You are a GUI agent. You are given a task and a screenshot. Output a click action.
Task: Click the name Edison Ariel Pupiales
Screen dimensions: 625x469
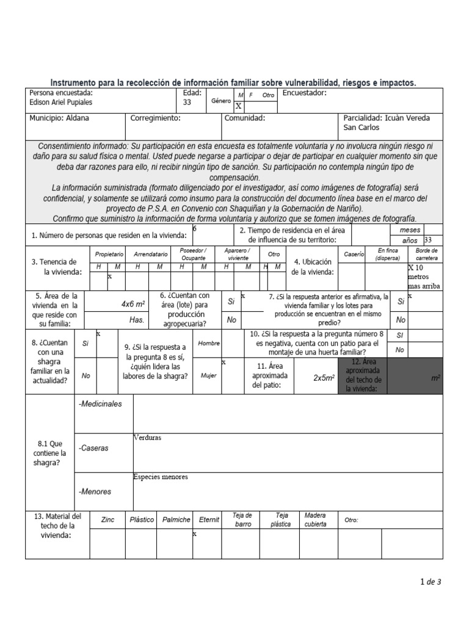coord(60,103)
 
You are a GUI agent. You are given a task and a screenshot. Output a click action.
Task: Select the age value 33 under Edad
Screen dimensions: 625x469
coord(187,103)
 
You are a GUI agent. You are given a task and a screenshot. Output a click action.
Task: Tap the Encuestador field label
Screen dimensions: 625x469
coord(305,93)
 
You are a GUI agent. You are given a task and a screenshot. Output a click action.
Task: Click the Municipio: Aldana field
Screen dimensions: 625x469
coord(59,118)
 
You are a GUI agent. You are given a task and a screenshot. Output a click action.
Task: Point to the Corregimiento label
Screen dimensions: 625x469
coord(155,118)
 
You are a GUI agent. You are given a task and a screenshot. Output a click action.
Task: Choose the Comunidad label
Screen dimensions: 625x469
coord(244,118)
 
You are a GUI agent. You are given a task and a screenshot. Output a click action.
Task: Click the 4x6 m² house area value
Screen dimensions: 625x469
coord(133,303)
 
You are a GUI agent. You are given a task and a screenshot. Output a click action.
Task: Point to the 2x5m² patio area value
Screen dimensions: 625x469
coord(324,378)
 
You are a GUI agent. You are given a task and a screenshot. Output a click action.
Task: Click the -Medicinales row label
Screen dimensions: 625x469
coord(101,404)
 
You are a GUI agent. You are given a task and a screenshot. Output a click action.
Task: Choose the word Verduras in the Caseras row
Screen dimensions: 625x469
coord(147,438)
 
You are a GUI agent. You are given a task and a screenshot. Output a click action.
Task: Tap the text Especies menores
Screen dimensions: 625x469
coord(161,477)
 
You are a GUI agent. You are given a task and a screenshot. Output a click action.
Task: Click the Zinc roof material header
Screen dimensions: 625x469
coord(108,520)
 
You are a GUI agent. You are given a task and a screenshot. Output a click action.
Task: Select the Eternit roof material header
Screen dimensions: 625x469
coord(209,520)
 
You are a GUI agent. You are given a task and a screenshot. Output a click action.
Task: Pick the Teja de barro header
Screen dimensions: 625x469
coord(243,519)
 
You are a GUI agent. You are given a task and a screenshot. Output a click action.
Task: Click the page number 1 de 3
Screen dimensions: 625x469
coord(431,582)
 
